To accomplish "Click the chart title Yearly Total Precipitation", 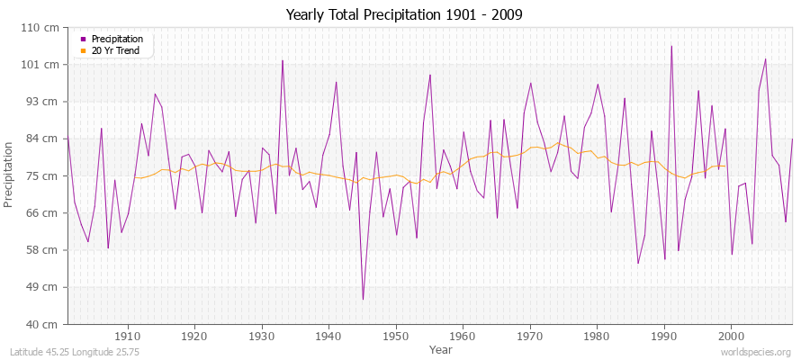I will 404,15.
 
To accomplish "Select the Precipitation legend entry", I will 117,39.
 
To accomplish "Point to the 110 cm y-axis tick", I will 44,28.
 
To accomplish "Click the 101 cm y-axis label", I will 44,65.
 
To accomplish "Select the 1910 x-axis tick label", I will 128,335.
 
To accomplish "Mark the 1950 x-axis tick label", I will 395,335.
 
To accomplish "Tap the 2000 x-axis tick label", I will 731,335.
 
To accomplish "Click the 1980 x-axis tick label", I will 597,335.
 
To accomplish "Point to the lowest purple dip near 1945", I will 363,299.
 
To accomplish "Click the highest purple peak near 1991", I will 671,46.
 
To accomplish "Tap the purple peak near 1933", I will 283,60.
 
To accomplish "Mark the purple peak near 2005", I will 765,59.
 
